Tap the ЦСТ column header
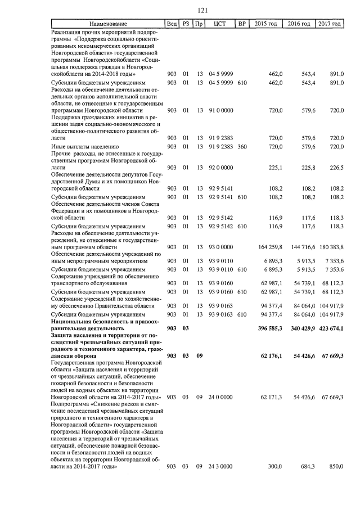[220, 24]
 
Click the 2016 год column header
[299, 24]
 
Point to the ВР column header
[242, 24]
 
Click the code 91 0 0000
[220, 110]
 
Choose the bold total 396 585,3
[268, 328]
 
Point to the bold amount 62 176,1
[270, 356]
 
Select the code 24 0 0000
[220, 397]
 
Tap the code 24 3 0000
[220, 466]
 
